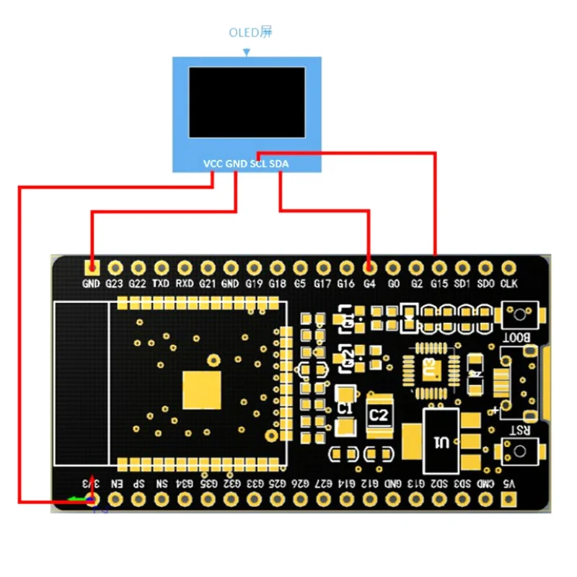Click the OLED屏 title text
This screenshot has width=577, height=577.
tap(251, 32)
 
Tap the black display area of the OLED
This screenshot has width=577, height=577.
tap(247, 102)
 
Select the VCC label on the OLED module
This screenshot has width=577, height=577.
tap(213, 164)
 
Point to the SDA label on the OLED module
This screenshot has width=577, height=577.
tap(278, 164)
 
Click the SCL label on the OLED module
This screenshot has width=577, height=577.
tap(258, 164)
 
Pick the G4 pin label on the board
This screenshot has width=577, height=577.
tap(369, 284)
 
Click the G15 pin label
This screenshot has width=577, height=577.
tap(439, 284)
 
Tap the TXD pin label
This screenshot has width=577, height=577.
tap(161, 284)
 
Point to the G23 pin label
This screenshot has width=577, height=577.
tap(115, 284)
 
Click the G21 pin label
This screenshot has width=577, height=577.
tap(207, 284)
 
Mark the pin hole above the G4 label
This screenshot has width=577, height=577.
tap(369, 268)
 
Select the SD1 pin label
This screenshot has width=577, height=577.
tap(462, 284)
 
